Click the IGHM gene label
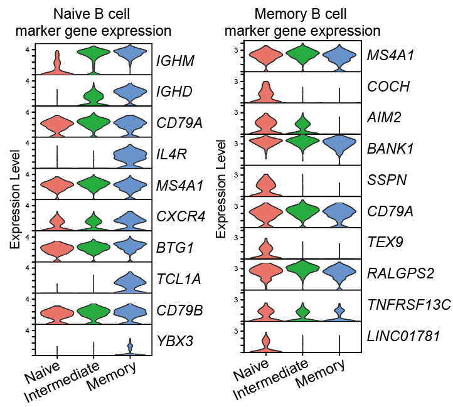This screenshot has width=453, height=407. [x=175, y=61]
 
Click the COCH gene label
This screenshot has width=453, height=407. [x=388, y=87]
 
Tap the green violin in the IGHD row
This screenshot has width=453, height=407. [x=93, y=96]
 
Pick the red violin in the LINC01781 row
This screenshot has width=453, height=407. [x=266, y=343]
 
